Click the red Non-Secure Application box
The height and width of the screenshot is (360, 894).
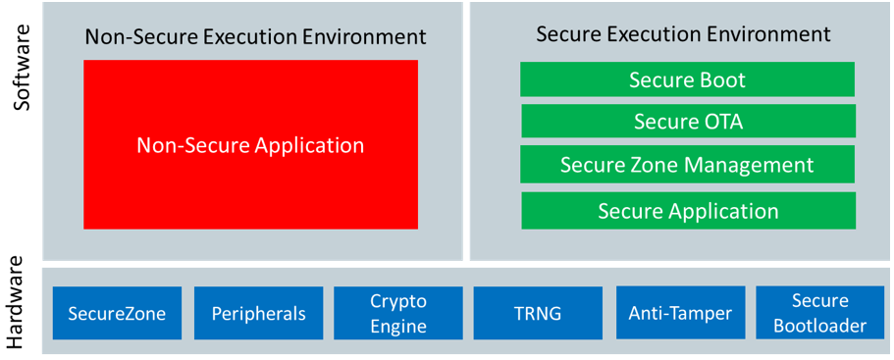point(250,145)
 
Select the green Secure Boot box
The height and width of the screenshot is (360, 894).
point(687,80)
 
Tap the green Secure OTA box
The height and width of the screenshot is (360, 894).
point(687,122)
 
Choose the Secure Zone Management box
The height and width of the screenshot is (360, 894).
point(687,164)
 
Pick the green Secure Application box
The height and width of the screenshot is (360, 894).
point(687,211)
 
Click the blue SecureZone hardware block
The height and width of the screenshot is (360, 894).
point(117,314)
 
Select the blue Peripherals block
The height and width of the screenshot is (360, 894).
point(258,314)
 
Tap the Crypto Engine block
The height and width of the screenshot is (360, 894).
point(397,314)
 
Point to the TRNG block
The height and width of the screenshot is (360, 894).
point(538,314)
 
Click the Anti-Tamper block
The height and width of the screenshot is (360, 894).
point(680,314)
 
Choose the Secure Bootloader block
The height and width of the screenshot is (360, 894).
point(819,314)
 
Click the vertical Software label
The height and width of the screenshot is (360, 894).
point(22,69)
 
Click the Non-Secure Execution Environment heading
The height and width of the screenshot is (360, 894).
point(255,37)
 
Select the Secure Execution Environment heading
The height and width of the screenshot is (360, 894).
point(683,34)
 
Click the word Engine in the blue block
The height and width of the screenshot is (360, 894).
point(397,327)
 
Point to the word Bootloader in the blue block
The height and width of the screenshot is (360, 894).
point(819,326)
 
